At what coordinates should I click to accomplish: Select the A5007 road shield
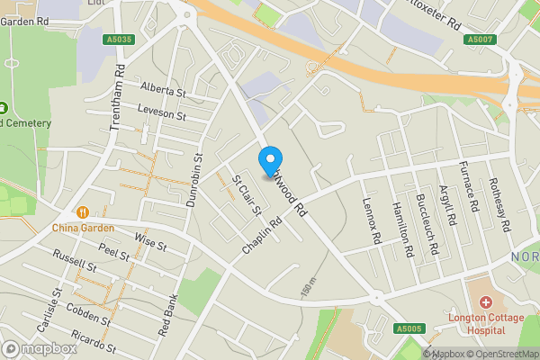[480, 40]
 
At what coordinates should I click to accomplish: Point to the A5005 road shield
[408, 330]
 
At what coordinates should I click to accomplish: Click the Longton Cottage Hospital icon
[487, 302]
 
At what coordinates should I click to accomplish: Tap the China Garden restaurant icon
[83, 212]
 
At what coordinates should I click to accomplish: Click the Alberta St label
[163, 91]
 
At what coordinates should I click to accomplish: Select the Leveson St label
[161, 112]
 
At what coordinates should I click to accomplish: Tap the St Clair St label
[247, 194]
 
